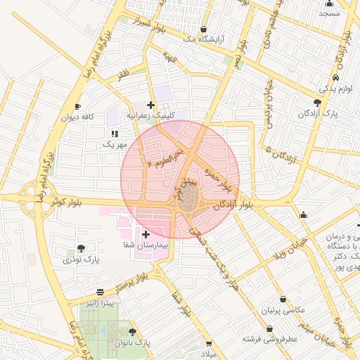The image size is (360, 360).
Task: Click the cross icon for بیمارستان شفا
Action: [x=146, y=234]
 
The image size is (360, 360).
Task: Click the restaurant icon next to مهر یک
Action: [x=114, y=133]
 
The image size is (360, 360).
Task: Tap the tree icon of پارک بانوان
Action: [x=132, y=332]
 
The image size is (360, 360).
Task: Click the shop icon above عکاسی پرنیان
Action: [x=283, y=299]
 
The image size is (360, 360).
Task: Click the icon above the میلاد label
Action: [x=209, y=343]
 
